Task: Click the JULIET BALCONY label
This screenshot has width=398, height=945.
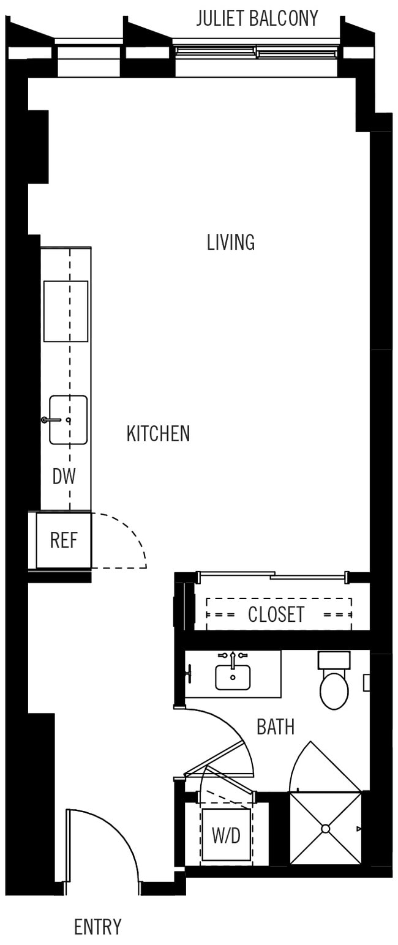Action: tap(257, 18)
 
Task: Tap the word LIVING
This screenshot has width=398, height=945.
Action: tap(230, 243)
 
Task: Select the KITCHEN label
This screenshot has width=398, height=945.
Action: tap(158, 434)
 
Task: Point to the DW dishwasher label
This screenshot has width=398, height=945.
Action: tap(64, 477)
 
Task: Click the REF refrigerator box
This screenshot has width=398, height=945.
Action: tap(64, 540)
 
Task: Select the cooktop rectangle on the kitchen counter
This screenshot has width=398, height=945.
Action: tap(66, 311)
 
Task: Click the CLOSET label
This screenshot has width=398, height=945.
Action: tap(276, 614)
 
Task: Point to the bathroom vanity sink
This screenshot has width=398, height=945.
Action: tap(233, 677)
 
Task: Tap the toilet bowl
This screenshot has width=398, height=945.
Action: tap(334, 691)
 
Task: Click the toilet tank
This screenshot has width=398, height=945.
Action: tap(334, 660)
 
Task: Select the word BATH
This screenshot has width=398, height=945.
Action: tap(276, 727)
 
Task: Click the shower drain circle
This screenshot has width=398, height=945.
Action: tap(326, 829)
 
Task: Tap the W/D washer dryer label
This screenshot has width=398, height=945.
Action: tap(226, 835)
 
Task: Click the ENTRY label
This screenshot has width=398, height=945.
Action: tap(97, 927)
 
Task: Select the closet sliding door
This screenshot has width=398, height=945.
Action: tap(272, 575)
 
